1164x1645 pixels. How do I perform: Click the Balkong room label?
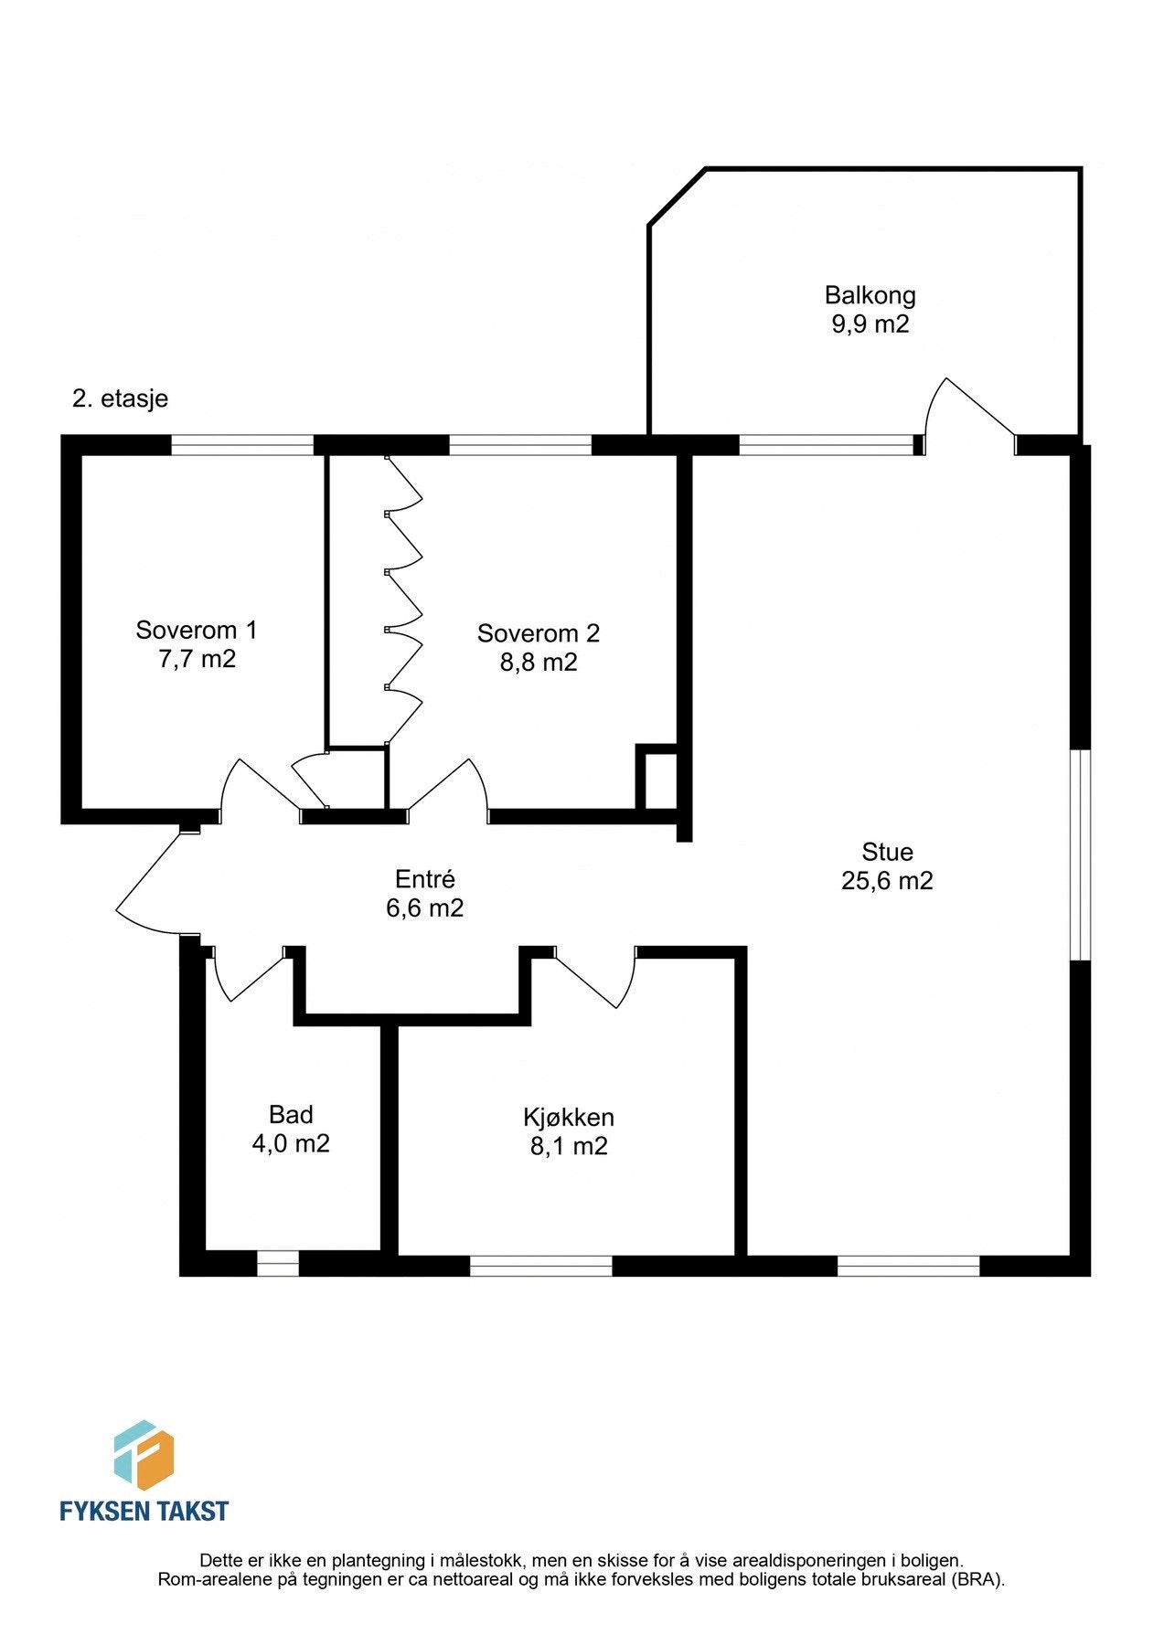pyautogui.click(x=870, y=295)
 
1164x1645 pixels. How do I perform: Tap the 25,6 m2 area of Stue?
pyautogui.click(x=887, y=881)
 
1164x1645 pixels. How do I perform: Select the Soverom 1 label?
pyautogui.click(x=197, y=630)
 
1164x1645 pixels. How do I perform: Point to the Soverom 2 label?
pyautogui.click(x=539, y=632)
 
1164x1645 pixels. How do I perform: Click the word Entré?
pyautogui.click(x=425, y=878)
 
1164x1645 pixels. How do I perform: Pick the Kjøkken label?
pyautogui.click(x=569, y=1117)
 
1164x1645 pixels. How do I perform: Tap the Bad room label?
pyautogui.click(x=291, y=1114)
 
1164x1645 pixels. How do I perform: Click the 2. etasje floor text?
pyautogui.click(x=120, y=399)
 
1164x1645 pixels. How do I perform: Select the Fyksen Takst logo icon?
pyautogui.click(x=144, y=1456)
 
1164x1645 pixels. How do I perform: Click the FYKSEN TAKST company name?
pyautogui.click(x=144, y=1511)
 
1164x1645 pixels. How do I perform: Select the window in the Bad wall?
pyautogui.click(x=278, y=1263)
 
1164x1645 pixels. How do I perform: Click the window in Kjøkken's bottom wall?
pyautogui.click(x=541, y=1266)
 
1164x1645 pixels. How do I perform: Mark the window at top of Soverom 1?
pyautogui.click(x=243, y=445)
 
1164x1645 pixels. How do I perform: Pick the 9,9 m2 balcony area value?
pyautogui.click(x=870, y=324)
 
